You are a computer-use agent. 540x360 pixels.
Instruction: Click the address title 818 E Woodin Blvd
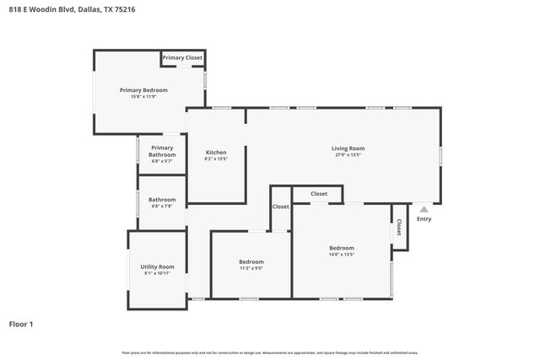click(67, 9)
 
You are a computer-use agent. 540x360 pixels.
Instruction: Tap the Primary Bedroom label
click(143, 90)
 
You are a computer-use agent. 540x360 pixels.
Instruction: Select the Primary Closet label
click(182, 57)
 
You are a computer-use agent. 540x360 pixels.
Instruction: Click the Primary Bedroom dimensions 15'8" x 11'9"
click(143, 97)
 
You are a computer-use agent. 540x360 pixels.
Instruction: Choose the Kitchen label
click(216, 152)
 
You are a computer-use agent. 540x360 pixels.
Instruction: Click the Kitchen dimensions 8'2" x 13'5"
click(216, 159)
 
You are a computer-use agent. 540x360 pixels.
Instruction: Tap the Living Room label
click(348, 148)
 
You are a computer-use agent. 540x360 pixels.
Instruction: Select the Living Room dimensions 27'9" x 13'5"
click(348, 155)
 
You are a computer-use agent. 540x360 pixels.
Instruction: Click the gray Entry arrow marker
click(424, 209)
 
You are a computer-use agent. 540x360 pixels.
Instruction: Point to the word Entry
click(424, 219)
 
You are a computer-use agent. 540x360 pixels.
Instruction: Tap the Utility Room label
click(157, 266)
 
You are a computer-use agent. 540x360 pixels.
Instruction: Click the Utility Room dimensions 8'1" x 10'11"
click(157, 273)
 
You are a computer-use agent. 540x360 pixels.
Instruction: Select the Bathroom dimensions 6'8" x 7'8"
click(162, 207)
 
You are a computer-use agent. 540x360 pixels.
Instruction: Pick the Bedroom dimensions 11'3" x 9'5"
click(251, 269)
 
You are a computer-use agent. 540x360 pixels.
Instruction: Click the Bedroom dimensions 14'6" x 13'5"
click(342, 255)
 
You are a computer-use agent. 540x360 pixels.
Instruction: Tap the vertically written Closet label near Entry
click(399, 228)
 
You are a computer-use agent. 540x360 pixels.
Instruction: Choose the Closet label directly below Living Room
click(319, 194)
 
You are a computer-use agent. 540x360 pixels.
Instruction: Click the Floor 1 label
click(21, 324)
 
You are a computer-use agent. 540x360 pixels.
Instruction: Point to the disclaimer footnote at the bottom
click(270, 352)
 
